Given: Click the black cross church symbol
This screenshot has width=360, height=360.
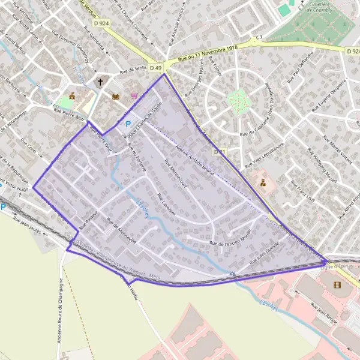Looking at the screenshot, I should pyautogui.click(x=101, y=82).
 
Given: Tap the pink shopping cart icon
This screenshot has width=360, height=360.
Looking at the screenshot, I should pyautogui.click(x=134, y=95).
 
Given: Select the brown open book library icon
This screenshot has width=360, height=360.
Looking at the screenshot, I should pyautogui.click(x=115, y=96).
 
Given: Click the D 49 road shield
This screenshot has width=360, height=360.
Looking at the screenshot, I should pyautogui.click(x=156, y=68).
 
